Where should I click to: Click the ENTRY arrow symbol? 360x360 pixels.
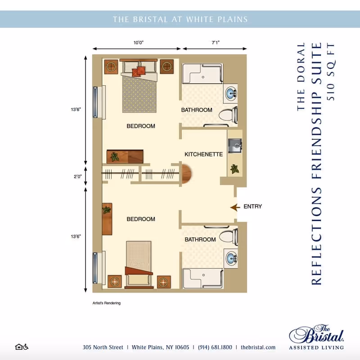click(x=234, y=207)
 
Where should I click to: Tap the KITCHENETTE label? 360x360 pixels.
click(x=203, y=154)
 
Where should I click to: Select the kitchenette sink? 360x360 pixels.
click(x=235, y=145)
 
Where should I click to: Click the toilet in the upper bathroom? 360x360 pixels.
click(x=229, y=116)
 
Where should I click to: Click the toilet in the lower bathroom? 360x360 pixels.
click(x=229, y=236)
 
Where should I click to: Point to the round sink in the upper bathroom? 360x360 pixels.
click(x=231, y=94)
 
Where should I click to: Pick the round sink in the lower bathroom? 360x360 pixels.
click(x=231, y=258)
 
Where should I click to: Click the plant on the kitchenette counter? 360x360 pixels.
click(x=234, y=169)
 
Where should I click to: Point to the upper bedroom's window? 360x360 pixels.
click(x=95, y=102)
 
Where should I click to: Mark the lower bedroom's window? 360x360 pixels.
click(x=95, y=268)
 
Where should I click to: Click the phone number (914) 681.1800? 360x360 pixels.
click(x=214, y=347)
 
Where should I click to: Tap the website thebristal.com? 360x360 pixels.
click(x=258, y=347)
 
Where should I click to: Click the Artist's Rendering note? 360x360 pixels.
click(x=106, y=303)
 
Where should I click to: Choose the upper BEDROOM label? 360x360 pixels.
click(x=140, y=126)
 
